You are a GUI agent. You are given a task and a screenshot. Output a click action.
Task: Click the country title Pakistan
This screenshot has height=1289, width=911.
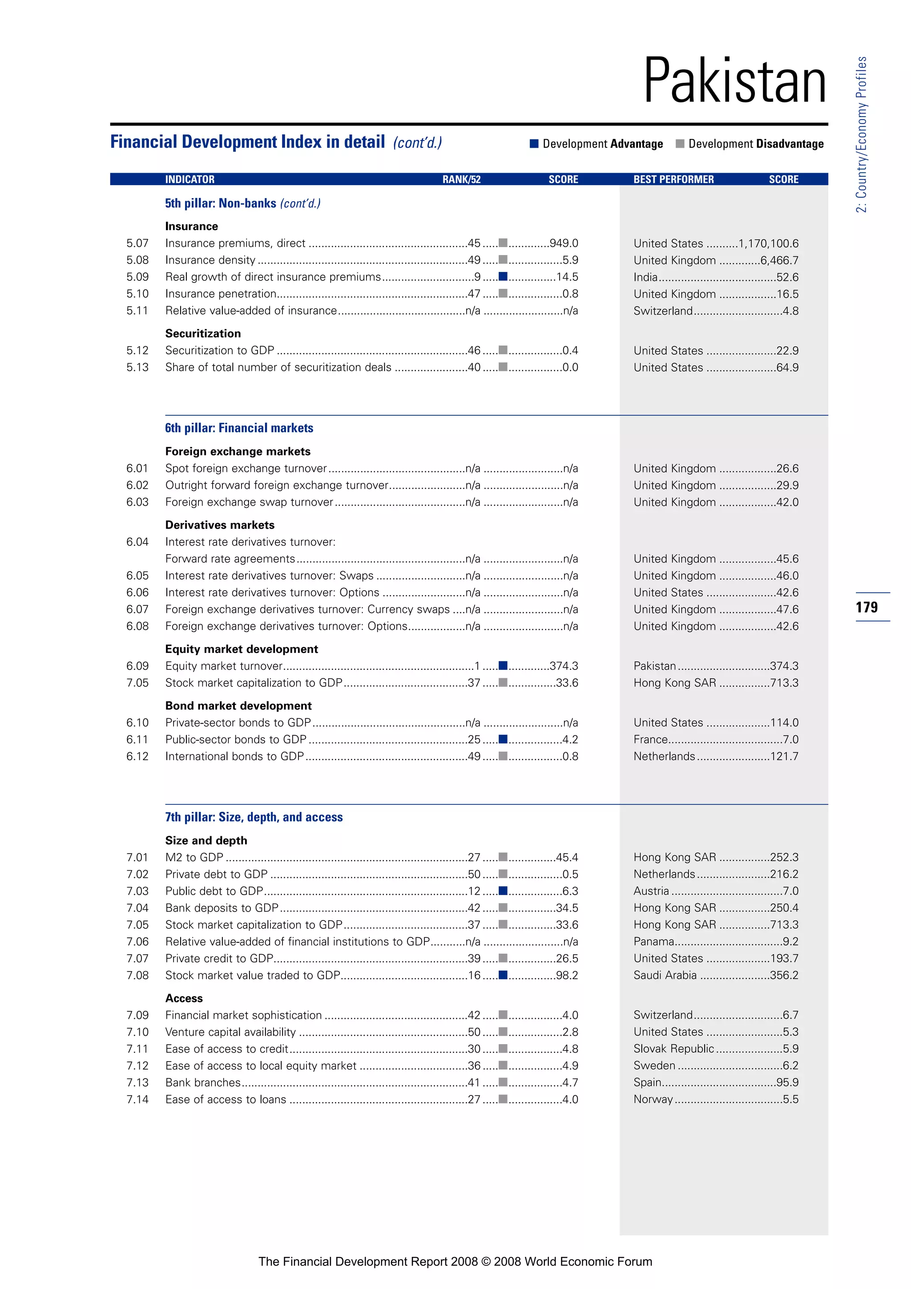point(734,81)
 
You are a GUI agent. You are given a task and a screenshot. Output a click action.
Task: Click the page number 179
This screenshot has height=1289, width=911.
point(867,607)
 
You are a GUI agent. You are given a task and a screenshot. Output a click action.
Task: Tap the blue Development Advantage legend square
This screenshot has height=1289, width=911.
point(534,144)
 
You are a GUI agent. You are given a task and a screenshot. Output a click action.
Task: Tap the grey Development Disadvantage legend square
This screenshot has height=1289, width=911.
point(680,144)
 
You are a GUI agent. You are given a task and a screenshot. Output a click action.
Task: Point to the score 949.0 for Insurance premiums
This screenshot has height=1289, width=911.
point(564,243)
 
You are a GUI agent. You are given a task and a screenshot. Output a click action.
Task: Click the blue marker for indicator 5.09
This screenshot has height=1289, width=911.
point(503,276)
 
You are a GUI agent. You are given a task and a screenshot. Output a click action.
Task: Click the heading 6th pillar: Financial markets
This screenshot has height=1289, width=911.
point(239,428)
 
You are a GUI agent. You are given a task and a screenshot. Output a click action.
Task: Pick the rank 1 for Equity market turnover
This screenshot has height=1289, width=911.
point(477,666)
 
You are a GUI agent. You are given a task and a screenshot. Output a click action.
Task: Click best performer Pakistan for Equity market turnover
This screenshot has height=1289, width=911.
point(655,666)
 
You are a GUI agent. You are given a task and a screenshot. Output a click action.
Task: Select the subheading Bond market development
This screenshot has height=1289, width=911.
point(238,705)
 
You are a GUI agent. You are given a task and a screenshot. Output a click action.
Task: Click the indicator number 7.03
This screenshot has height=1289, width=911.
point(137,891)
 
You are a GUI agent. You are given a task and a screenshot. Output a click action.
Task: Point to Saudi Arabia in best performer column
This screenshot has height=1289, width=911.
point(665,975)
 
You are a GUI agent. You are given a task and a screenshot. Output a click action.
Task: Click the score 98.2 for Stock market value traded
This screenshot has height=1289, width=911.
point(567,975)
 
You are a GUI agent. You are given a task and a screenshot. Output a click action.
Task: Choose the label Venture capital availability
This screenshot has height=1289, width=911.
point(230,1032)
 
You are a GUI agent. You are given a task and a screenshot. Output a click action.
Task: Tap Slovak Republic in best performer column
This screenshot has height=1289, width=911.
point(673,1049)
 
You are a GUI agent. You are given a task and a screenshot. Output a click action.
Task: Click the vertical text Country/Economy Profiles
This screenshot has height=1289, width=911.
point(862,135)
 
